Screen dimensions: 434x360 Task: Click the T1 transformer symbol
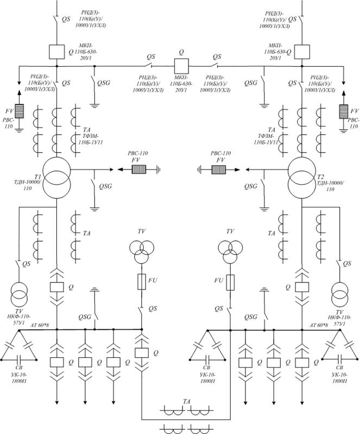click(x=56, y=179)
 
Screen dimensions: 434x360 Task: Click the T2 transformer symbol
click(x=301, y=179)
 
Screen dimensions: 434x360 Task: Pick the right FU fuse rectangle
click(x=231, y=282)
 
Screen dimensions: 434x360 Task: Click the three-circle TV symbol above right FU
click(x=231, y=250)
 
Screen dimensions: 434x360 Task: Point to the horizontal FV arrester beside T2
click(x=219, y=169)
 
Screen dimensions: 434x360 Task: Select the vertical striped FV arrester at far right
click(x=343, y=111)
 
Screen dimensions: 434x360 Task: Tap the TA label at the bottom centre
click(x=186, y=401)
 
